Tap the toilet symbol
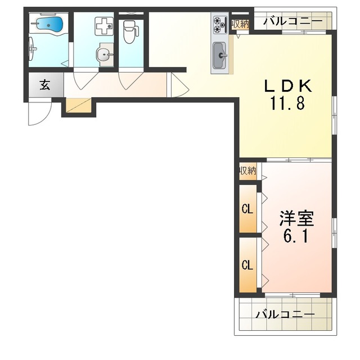(131, 31)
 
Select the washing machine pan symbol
(104, 26)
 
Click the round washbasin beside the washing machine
(105, 55)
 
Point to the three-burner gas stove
(220, 25)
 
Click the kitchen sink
(220, 55)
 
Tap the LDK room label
(288, 86)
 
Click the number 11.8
(287, 103)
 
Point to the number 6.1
(295, 236)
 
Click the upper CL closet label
(247, 209)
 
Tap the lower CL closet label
(247, 265)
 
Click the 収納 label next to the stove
(240, 24)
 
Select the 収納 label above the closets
(247, 171)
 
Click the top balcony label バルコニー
(292, 21)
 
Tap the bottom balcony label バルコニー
(285, 314)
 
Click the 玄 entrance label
(45, 85)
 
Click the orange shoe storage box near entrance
(79, 105)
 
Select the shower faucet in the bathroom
(33, 49)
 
